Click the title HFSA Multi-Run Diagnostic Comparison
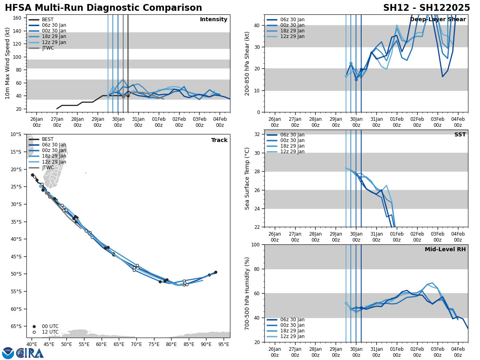(x=103, y=8)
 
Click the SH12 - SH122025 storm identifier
(x=426, y=8)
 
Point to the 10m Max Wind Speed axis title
(x=8, y=63)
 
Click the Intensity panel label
(x=214, y=20)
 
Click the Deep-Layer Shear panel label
(x=438, y=20)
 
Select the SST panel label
(x=460, y=135)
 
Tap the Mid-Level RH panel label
(x=445, y=250)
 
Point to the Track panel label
(x=219, y=140)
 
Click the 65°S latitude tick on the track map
(x=16, y=326)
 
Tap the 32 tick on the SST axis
(x=258, y=134)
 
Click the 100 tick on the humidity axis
(x=256, y=245)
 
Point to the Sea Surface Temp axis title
(x=247, y=178)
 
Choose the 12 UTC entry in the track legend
(x=50, y=332)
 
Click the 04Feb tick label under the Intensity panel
(x=220, y=122)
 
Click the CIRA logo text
(x=30, y=353)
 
